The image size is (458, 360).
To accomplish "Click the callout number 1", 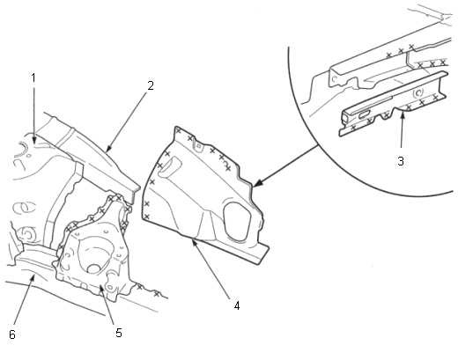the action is [x=33, y=77].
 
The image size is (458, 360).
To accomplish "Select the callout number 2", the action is [x=151, y=85].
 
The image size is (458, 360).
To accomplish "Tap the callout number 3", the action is [x=401, y=161].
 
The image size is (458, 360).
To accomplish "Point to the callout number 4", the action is [x=237, y=305].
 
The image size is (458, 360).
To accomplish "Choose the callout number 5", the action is [x=119, y=333].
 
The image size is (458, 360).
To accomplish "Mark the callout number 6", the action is [x=12, y=334].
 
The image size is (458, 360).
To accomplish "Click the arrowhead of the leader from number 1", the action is [x=34, y=140].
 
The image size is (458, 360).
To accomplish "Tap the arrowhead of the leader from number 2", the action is [x=108, y=149].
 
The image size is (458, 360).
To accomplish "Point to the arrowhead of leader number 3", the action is [x=403, y=116].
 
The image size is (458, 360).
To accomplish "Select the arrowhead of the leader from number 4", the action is [x=194, y=242].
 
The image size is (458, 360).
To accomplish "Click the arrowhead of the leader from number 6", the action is [x=33, y=277].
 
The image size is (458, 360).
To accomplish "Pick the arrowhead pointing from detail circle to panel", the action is [x=257, y=183].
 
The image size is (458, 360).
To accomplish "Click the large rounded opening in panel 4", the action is [x=238, y=222].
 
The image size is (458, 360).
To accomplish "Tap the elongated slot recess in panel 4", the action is [x=170, y=166].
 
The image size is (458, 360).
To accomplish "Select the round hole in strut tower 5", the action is [x=94, y=268].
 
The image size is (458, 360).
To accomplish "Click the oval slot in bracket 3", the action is [x=364, y=114].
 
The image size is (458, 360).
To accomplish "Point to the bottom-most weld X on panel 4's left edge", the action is [x=147, y=217].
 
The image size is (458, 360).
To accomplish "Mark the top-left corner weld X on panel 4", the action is [x=178, y=131].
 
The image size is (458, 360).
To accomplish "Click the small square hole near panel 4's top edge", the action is [x=199, y=145].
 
